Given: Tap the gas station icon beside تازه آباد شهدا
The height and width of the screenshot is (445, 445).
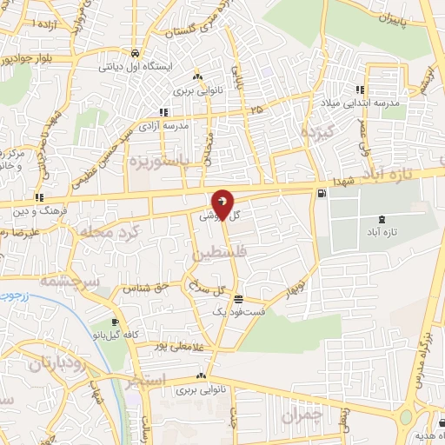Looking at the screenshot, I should [x=322, y=192].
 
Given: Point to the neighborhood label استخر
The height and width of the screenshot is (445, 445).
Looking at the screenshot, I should [x=142, y=381].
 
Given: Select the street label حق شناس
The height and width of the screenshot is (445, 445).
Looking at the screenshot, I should [x=143, y=288].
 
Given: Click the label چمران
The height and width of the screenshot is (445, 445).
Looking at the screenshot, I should [x=302, y=417].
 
